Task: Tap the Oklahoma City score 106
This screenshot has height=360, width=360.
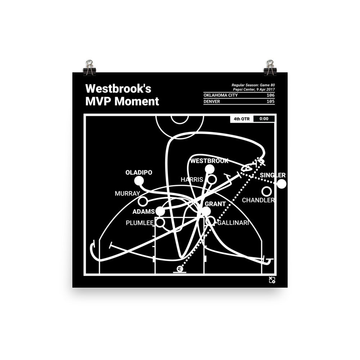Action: [x=268, y=95]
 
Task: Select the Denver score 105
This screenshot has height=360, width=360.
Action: [x=268, y=101]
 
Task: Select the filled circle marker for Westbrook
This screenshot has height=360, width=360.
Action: [x=210, y=169]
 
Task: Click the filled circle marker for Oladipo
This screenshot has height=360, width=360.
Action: [x=139, y=181]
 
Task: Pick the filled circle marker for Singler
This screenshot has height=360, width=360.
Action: [x=282, y=184]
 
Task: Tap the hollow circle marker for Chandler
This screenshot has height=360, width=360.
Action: [x=266, y=191]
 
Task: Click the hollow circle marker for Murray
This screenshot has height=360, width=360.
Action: [x=143, y=201]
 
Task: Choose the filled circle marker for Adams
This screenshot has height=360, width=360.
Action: [x=160, y=211]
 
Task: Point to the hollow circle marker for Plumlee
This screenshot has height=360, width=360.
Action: [x=160, y=222]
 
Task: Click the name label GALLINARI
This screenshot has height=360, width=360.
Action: [x=233, y=223]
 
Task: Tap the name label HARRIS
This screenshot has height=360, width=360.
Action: [x=192, y=179]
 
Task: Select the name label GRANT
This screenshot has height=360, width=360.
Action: [x=215, y=204]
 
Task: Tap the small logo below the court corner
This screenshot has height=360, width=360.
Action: [x=272, y=280]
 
